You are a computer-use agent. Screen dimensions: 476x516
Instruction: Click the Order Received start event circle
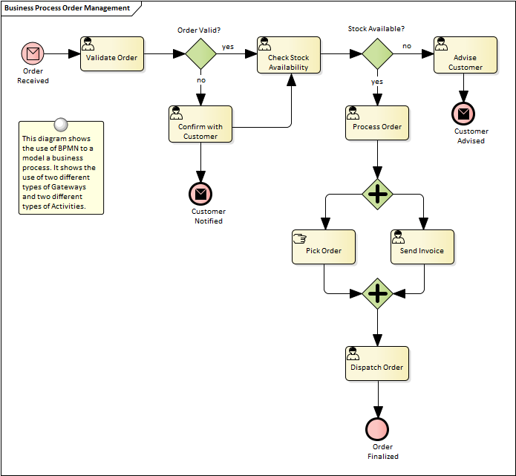pyautogui.click(x=33, y=53)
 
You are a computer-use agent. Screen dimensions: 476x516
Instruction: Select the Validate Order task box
pyautogui.click(x=111, y=53)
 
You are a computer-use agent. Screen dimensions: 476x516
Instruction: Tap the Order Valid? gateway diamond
pyautogui.click(x=200, y=53)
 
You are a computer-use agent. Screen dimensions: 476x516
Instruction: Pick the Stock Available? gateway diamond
pyautogui.click(x=377, y=53)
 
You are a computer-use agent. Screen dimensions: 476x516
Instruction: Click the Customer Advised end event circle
pyautogui.click(x=463, y=114)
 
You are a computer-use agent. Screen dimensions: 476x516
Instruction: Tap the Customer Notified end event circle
pyautogui.click(x=200, y=193)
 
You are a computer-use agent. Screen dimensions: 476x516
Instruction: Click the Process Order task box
pyautogui.click(x=377, y=123)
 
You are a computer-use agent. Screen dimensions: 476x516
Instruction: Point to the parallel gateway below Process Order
pyautogui.click(x=378, y=195)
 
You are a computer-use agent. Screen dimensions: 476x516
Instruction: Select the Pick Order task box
pyautogui.click(x=324, y=247)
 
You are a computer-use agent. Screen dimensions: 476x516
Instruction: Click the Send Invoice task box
pyautogui.click(x=422, y=247)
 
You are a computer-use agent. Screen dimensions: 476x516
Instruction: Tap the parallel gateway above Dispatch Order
pyautogui.click(x=378, y=293)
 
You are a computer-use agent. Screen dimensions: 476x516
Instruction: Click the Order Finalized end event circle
pyautogui.click(x=377, y=429)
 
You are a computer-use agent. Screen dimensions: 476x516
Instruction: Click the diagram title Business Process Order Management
pyautogui.click(x=67, y=8)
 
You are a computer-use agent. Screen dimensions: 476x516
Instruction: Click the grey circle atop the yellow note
pyautogui.click(x=62, y=125)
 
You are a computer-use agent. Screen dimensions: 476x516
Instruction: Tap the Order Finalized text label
pyautogui.click(x=382, y=451)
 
